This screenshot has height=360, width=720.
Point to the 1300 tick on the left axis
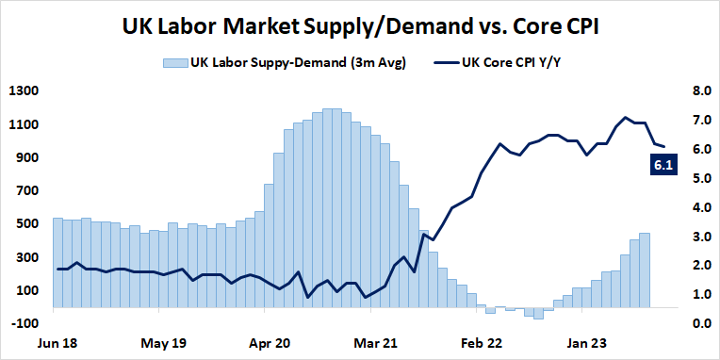23,91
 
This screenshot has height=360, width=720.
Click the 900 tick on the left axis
25,157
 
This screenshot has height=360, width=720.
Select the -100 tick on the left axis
24,323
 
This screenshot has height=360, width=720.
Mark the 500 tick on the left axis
25,224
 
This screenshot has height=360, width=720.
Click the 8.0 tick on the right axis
698,91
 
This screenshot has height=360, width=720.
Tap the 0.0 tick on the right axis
698,323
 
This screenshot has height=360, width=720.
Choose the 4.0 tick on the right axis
698,207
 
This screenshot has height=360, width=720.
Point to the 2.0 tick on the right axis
698,266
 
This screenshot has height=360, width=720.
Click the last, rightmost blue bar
645,270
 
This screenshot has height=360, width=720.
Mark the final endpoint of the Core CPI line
664,147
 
